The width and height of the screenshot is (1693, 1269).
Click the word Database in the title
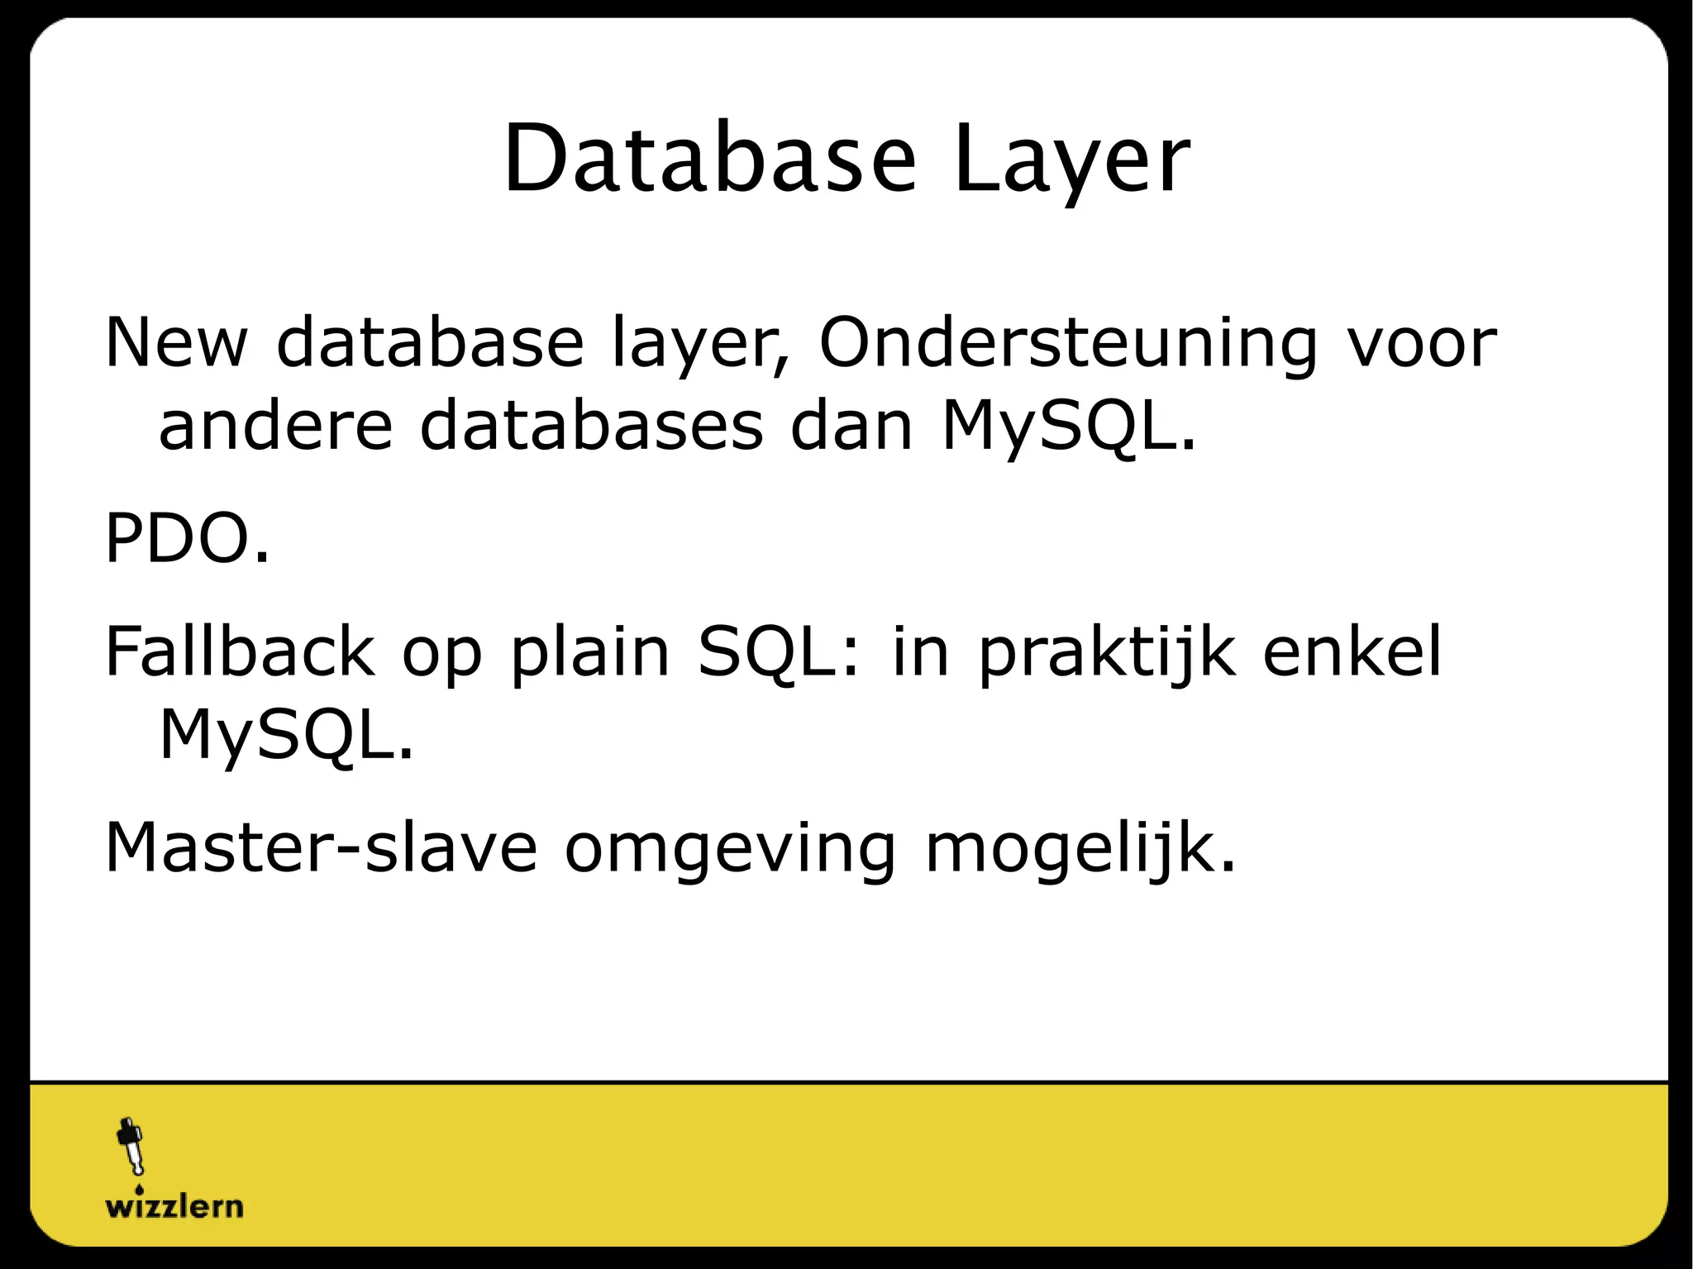(709, 160)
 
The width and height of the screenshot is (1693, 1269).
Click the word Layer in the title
(1071, 160)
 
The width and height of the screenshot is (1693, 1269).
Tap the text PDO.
(187, 539)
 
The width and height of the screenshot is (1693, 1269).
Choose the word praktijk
(1108, 651)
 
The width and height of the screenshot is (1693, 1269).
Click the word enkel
(1352, 651)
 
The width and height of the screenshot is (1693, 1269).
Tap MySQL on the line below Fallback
(284, 734)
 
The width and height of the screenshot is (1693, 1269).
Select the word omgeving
(731, 847)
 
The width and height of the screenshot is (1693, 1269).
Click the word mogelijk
(1079, 847)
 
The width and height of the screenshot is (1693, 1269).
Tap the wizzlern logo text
(174, 1206)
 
